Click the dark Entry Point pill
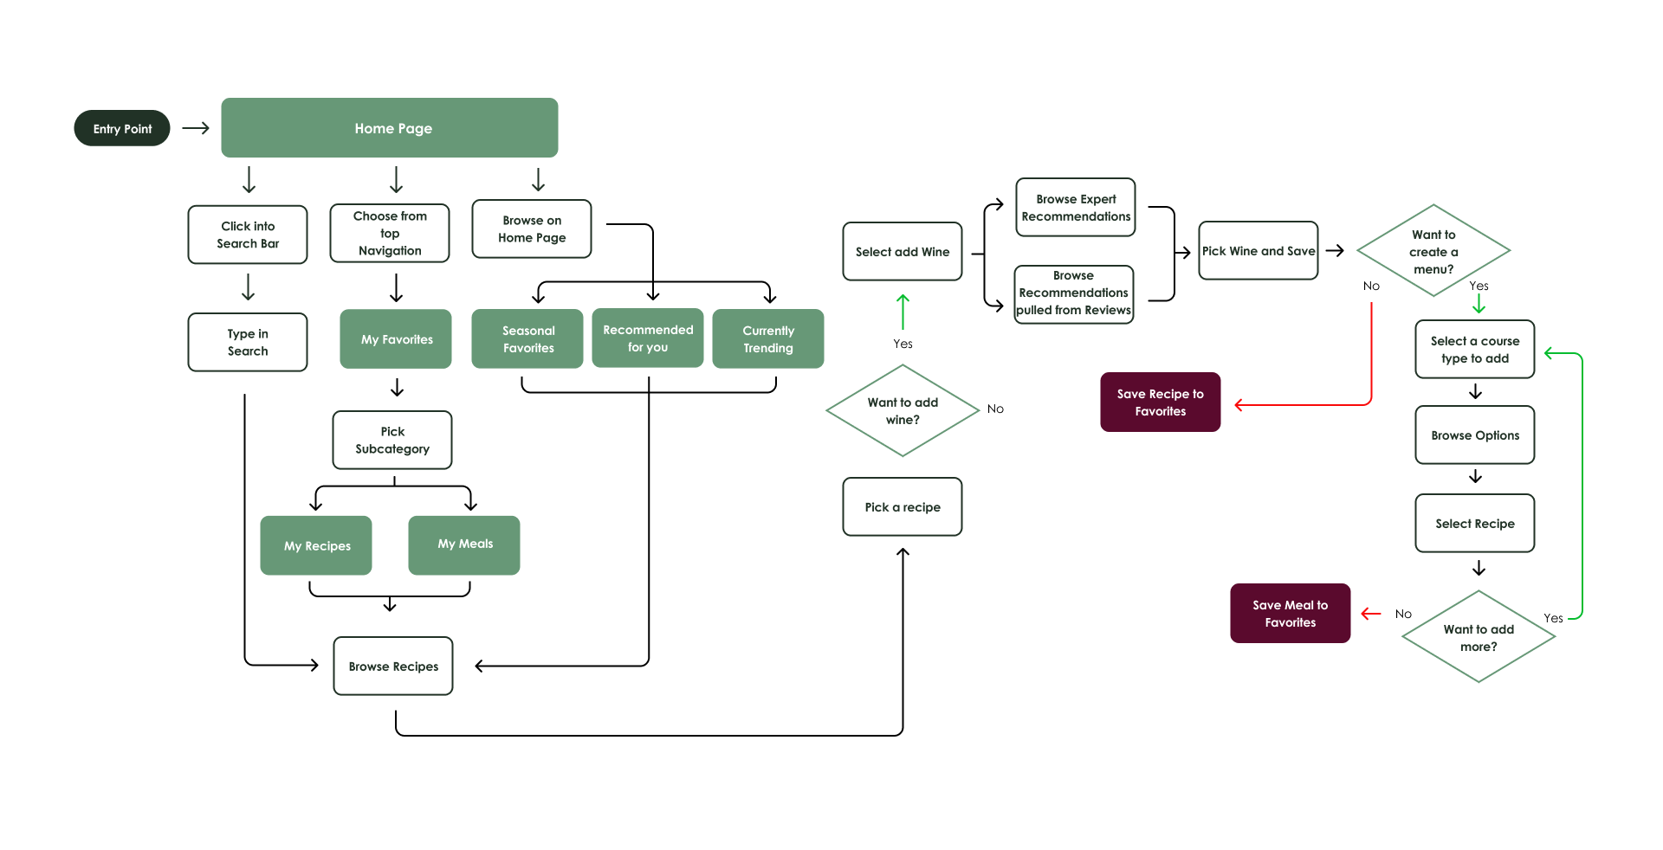coord(122,128)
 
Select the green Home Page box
coord(390,128)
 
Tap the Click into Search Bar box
coord(248,235)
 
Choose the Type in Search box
coord(248,342)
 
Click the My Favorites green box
coord(396,339)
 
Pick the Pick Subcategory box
coord(392,440)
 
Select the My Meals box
coord(464,544)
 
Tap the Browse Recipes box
coord(393,666)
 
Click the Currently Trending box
coord(767,338)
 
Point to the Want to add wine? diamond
coord(903,410)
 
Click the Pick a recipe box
coord(903,506)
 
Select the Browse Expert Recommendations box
coord(1076,207)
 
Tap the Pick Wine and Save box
coord(1259,250)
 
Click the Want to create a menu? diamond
coord(1433,251)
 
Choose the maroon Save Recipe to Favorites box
coord(1160,402)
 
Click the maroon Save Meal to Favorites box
coord(1290,613)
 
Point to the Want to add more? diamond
coord(1479,637)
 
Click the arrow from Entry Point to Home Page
coord(197,128)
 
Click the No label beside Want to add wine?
coord(995,409)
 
